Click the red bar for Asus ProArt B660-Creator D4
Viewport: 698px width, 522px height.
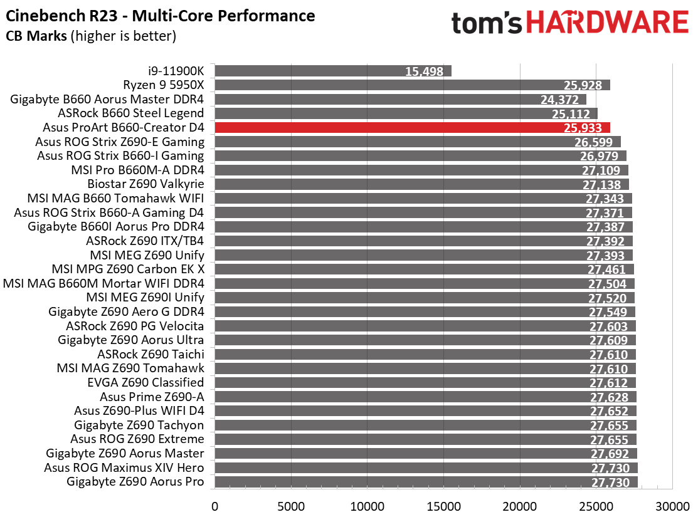[x=412, y=128]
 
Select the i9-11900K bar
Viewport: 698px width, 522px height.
[x=333, y=71]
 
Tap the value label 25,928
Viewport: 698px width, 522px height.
[x=583, y=85]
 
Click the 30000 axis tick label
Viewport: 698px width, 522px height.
[x=672, y=506]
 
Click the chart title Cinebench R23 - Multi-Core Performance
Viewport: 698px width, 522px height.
[x=161, y=16]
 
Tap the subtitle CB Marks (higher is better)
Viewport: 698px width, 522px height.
[x=91, y=36]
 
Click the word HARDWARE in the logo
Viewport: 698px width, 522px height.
[x=608, y=23]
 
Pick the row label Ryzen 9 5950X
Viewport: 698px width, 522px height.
[x=164, y=85]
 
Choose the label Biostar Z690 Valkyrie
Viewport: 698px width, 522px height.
[x=145, y=184]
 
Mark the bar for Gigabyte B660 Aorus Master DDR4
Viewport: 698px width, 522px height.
[x=401, y=99]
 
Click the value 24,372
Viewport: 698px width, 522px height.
[x=559, y=100]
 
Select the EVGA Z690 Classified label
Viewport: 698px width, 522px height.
[x=145, y=382]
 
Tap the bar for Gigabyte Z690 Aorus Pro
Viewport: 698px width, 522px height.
[x=426, y=482]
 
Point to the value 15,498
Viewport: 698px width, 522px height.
[x=424, y=71]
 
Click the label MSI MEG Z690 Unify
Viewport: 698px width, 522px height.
[x=147, y=255]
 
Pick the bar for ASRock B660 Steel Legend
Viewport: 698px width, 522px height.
[x=406, y=113]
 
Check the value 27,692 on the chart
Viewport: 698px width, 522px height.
[x=610, y=454]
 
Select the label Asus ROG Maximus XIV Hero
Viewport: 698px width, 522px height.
[x=124, y=467]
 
